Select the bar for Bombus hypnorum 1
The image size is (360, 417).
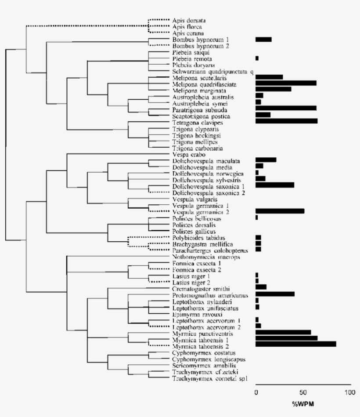click(263, 40)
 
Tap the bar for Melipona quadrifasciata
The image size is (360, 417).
click(286, 83)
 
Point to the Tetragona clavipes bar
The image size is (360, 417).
click(286, 121)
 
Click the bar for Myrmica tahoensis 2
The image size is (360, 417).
click(295, 344)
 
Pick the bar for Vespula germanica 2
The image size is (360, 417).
click(280, 211)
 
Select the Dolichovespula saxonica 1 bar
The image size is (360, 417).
click(275, 185)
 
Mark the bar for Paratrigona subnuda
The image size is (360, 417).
click(286, 108)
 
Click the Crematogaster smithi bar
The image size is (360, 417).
click(261, 287)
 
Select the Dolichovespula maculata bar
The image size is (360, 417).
click(266, 160)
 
